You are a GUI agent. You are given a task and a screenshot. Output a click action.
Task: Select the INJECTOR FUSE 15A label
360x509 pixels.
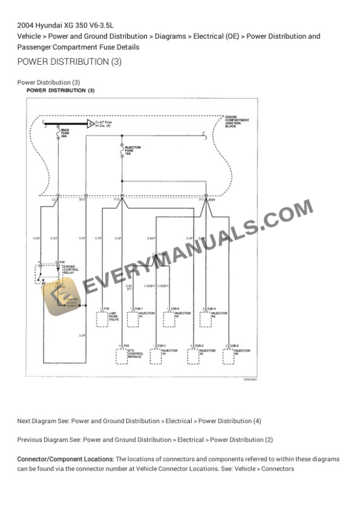[x=133, y=150]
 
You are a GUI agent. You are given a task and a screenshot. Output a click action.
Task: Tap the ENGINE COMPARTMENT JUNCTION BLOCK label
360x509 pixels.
[x=238, y=122]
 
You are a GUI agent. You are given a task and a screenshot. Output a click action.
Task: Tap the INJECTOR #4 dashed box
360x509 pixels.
[x=205, y=319]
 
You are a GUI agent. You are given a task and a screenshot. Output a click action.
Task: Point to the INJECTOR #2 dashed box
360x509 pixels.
[x=193, y=356]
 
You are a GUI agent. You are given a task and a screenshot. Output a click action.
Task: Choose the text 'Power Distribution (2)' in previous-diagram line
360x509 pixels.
[x=241, y=440]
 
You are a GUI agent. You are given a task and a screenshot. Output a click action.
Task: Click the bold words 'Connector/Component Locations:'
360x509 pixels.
[x=65, y=458]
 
